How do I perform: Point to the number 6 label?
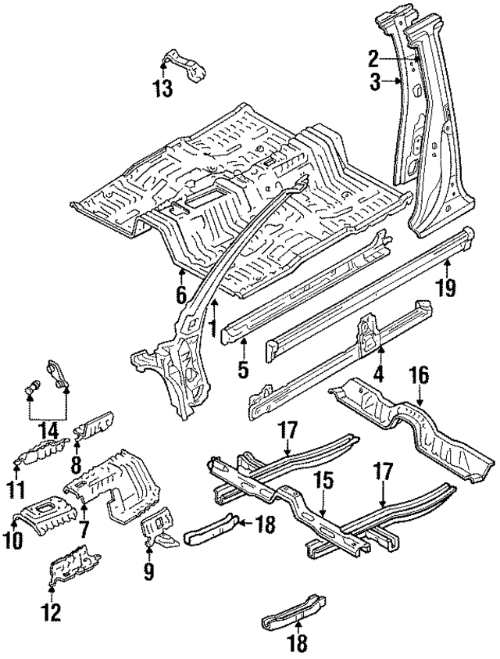(181, 295)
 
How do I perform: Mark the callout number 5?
(243, 369)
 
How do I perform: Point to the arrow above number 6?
(181, 275)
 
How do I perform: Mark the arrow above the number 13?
(163, 73)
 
